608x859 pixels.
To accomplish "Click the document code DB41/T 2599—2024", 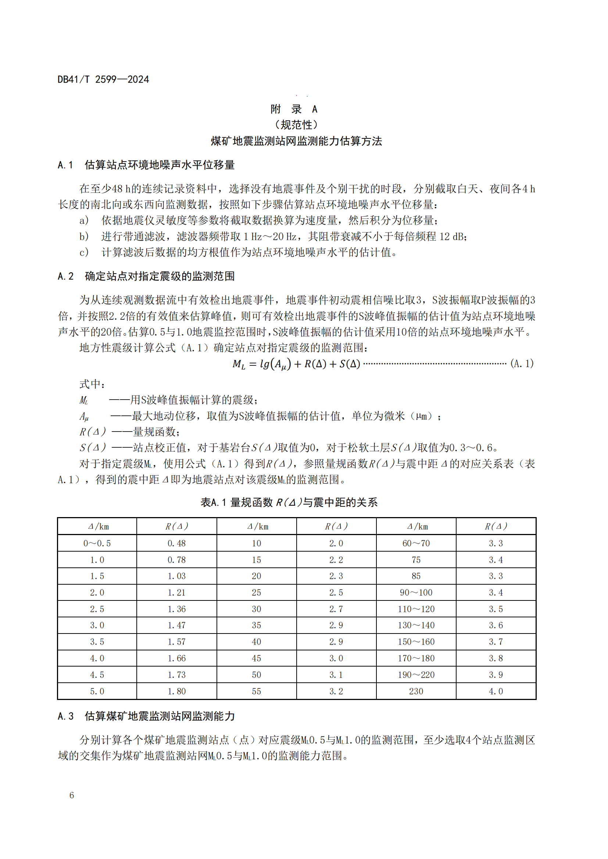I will [103, 79].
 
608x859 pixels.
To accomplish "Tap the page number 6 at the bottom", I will [72, 795].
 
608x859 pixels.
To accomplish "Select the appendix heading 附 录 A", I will [294, 109].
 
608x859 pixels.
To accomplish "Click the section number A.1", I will [65, 165].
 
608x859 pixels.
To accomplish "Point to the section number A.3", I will [65, 716].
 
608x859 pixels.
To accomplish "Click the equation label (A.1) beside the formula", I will [522, 363].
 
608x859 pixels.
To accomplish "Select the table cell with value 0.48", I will [176, 543].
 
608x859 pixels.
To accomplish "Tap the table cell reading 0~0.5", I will [97, 543].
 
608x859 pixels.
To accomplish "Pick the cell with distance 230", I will [416, 692].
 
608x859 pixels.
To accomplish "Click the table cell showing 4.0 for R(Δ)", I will [496, 692].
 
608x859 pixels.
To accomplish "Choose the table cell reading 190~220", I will [416, 675].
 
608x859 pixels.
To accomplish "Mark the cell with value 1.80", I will [176, 692].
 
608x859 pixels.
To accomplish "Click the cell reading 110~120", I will [416, 609].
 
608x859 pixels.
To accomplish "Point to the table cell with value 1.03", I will [176, 576].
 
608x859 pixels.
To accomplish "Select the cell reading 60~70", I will [416, 543].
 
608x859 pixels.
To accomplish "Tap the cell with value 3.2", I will [336, 692].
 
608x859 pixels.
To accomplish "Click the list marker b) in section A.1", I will [84, 237].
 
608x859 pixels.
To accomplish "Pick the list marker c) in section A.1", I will [84, 253].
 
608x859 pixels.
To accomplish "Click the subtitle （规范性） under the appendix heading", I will [296, 124].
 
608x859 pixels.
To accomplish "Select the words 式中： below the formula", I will [92, 384].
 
